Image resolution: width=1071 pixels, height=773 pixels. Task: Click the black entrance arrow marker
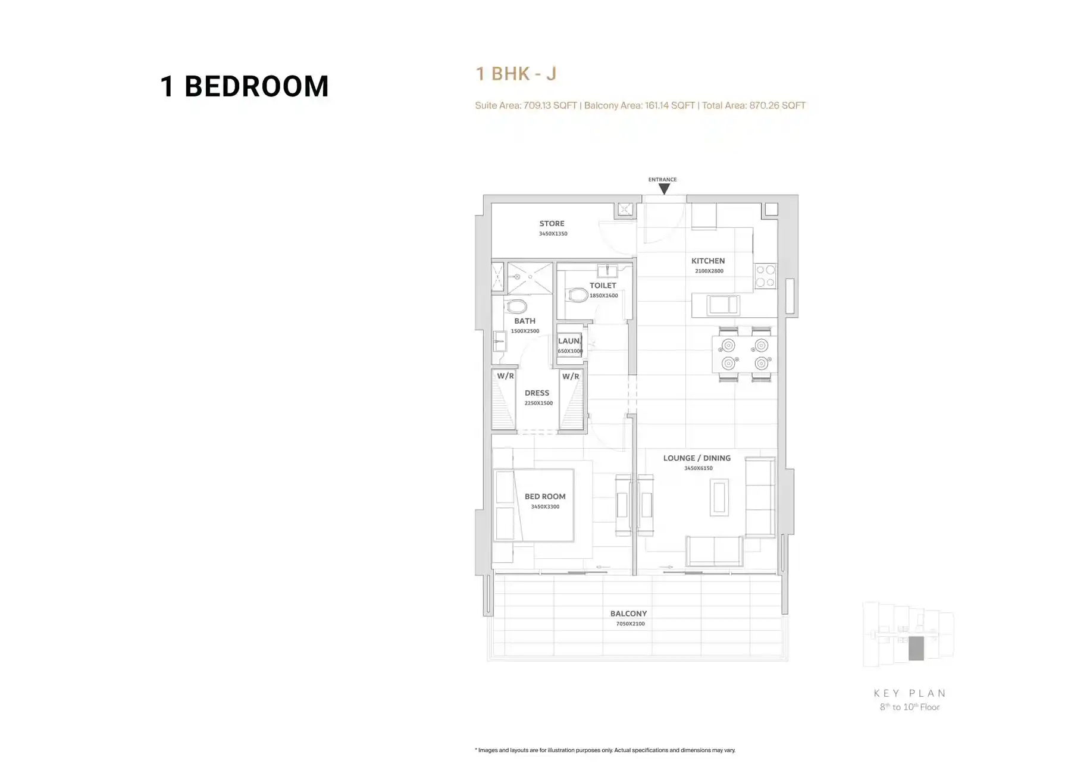tap(664, 189)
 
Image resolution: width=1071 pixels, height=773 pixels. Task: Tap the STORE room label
tap(552, 224)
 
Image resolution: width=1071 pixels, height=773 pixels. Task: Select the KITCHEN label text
tap(708, 261)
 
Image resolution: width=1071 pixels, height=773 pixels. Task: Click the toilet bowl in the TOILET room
tap(577, 295)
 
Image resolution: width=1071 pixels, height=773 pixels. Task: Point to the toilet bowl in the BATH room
tap(516, 306)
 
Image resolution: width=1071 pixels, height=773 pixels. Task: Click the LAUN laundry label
tap(569, 341)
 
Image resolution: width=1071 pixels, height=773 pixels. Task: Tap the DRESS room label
tap(537, 393)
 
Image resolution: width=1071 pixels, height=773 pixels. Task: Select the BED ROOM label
tap(545, 496)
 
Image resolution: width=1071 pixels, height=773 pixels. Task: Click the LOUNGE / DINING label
tap(697, 458)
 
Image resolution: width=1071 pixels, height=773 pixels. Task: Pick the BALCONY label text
tap(628, 614)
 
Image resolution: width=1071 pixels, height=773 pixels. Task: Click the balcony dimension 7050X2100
tap(630, 624)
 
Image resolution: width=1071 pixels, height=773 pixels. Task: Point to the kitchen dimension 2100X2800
tap(709, 271)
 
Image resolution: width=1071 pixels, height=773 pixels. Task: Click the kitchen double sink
tap(723, 305)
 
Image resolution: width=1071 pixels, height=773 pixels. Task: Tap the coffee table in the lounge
tap(719, 497)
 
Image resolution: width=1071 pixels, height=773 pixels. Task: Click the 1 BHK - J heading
tap(516, 74)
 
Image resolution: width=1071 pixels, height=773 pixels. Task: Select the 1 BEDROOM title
tap(244, 86)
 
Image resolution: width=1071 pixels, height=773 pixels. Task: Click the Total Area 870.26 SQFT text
tap(754, 105)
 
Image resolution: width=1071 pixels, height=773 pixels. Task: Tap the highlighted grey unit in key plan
tap(916, 648)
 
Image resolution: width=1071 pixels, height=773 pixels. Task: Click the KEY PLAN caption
tap(910, 693)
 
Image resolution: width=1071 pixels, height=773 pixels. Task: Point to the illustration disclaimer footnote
tap(605, 750)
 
